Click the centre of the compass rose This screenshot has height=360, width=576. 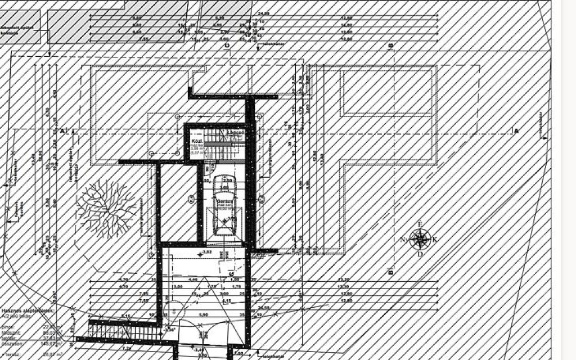(420, 239)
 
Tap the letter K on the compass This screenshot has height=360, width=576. (435, 240)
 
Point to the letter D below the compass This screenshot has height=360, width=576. (420, 254)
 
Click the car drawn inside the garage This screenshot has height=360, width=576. (224, 205)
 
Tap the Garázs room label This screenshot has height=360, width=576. (224, 200)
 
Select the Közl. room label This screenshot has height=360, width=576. (196, 139)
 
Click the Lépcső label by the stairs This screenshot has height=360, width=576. (234, 132)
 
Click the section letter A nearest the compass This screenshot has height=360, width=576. (516, 130)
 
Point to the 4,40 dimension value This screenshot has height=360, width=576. (192, 279)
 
